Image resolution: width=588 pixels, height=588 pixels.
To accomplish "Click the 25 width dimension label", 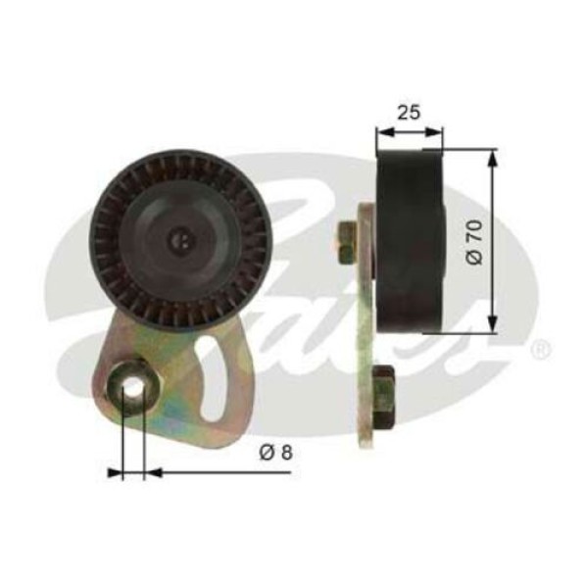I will coord(410,112).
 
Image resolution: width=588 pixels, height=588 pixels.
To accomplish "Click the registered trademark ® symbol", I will coord(540,349).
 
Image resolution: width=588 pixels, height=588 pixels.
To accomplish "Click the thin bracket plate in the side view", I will coord(367,323).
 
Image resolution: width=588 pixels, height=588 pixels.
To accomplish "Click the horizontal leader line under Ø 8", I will coord(225,472).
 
